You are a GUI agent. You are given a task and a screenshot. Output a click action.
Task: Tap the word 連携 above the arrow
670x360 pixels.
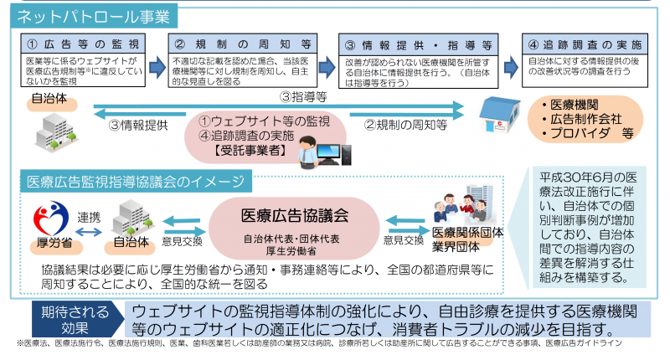click(89, 215)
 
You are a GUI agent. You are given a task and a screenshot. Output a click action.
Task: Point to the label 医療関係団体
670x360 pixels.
click(471, 235)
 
